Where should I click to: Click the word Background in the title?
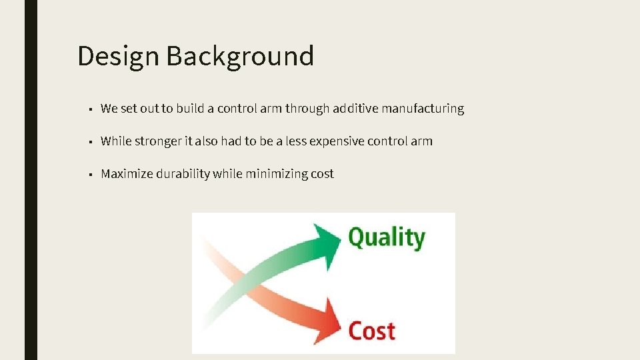(x=240, y=56)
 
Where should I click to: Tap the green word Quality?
(x=386, y=237)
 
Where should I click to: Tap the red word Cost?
(x=372, y=331)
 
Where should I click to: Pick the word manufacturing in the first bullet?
(x=423, y=108)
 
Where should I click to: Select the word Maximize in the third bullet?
(x=127, y=174)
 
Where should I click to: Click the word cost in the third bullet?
(x=322, y=174)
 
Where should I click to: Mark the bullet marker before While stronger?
(x=89, y=142)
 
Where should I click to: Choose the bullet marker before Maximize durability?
(x=89, y=175)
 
